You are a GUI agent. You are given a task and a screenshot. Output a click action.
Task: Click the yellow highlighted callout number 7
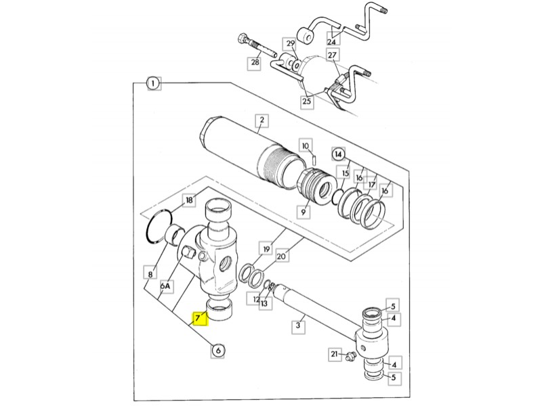[201, 318]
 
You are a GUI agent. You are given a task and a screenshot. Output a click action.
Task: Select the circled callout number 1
[154, 83]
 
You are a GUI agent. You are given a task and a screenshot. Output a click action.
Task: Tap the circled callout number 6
[218, 351]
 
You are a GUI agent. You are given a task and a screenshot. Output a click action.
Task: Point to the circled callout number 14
[338, 154]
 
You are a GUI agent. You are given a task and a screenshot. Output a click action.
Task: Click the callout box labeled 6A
[166, 286]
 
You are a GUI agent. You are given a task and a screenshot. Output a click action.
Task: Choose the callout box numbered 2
[262, 120]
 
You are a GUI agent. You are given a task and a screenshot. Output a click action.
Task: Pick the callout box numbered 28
[255, 63]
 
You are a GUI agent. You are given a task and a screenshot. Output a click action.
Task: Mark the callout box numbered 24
[331, 41]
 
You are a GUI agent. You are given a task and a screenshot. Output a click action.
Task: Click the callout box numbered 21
[334, 354]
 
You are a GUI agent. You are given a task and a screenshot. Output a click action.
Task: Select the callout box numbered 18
[189, 200]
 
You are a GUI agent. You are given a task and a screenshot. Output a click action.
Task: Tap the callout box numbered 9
[304, 212]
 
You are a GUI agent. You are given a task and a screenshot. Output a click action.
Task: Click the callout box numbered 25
[307, 101]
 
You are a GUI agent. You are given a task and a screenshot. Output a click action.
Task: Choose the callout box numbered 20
[282, 256]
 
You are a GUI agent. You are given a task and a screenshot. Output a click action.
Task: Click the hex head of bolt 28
[243, 38]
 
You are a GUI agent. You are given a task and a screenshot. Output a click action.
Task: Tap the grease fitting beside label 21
[350, 356]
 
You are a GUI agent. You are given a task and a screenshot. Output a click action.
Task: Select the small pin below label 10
[314, 160]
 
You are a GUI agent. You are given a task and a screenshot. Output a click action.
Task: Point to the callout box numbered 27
[332, 55]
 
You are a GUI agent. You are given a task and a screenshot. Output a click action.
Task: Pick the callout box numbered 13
[264, 304]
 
